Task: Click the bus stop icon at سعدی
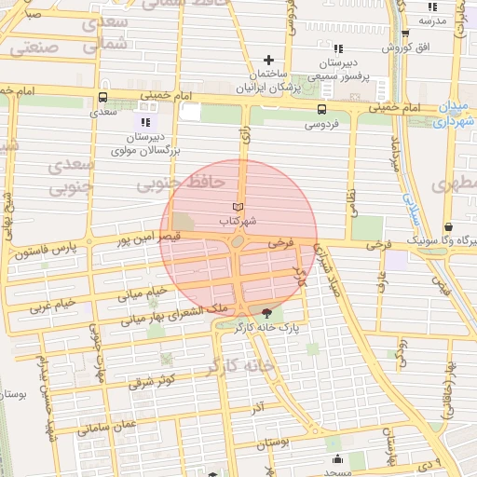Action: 102,96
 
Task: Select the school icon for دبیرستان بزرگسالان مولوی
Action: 144,122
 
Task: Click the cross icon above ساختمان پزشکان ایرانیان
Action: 270,60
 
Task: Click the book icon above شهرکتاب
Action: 238,206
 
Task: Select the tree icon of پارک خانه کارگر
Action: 268,313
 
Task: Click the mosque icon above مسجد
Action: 335,458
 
